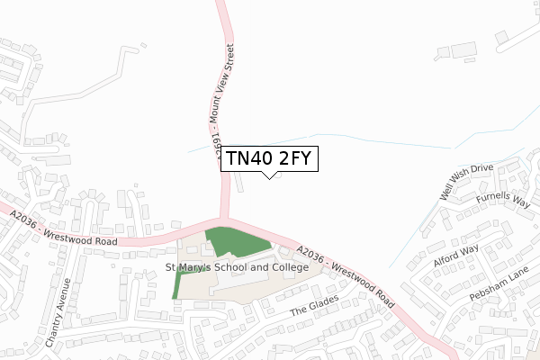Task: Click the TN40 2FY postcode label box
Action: pos(268,158)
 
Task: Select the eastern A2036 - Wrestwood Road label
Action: pos(344,275)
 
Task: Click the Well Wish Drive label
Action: pos(466,182)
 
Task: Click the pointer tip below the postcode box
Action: pos(268,177)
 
